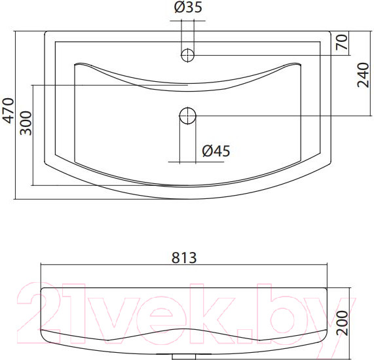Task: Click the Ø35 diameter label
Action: (x=188, y=7)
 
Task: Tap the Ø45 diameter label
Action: (x=216, y=151)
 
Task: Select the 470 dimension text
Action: (x=9, y=111)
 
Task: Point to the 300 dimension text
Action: (x=26, y=123)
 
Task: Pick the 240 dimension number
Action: (x=363, y=75)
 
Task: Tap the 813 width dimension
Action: (x=184, y=257)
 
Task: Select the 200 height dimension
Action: (x=343, y=323)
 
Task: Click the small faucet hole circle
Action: (x=188, y=55)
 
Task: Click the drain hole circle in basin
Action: (x=188, y=116)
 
